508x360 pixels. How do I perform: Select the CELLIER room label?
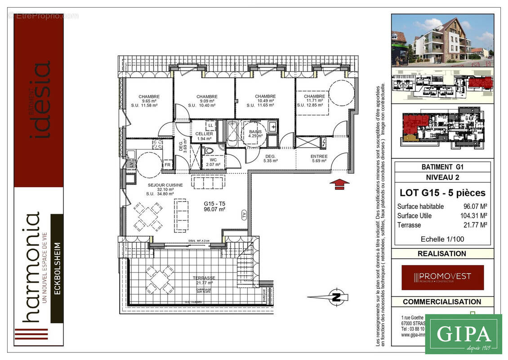[204, 134]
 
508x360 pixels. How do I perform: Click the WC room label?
[213, 159]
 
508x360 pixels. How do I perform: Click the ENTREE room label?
[319, 156]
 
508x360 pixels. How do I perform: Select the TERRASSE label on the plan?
[204, 278]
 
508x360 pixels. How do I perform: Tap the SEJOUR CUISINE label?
[165, 185]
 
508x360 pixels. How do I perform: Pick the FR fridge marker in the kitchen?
[167, 165]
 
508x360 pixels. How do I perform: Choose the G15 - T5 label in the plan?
[214, 203]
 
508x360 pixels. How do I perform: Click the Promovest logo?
[442, 277]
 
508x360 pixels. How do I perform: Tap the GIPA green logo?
[463, 334]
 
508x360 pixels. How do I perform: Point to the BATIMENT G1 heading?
[442, 166]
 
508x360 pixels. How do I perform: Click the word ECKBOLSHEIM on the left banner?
[57, 268]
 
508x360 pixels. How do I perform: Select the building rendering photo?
[442, 40]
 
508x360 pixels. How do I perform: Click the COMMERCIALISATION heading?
[442, 301]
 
